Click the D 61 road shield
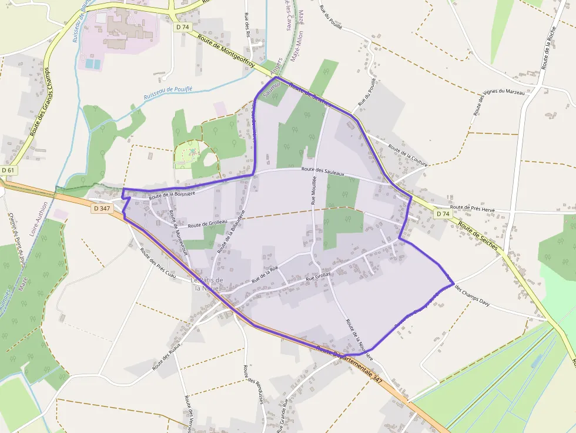click(x=8, y=170)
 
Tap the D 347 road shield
click(x=101, y=208)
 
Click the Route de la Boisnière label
click(x=171, y=192)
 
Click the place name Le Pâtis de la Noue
click(x=207, y=284)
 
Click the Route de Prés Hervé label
click(x=473, y=207)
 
